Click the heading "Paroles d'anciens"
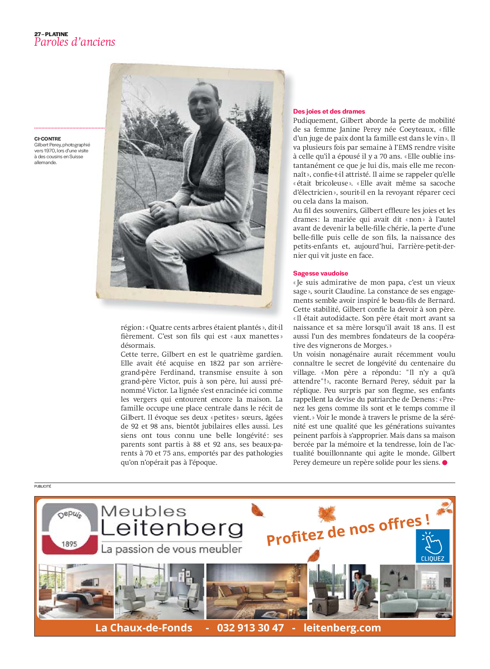pos(75,42)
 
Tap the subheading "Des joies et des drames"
pos(329,111)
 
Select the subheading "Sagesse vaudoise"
pos(321,273)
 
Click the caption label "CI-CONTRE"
pos(48,139)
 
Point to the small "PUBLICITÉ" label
pos(43,486)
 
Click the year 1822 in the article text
pos(217,363)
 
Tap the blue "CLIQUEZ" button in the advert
pos(432,546)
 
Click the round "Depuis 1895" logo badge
pos(69,529)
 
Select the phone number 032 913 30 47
pos(250,628)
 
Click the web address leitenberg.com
pos(342,628)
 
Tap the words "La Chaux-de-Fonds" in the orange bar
pos(144,628)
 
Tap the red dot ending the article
pos(445,462)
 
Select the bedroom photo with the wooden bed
pos(76,591)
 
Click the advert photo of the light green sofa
pos(415,592)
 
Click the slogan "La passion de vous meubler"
pos(172,549)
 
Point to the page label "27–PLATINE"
pos(51,34)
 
